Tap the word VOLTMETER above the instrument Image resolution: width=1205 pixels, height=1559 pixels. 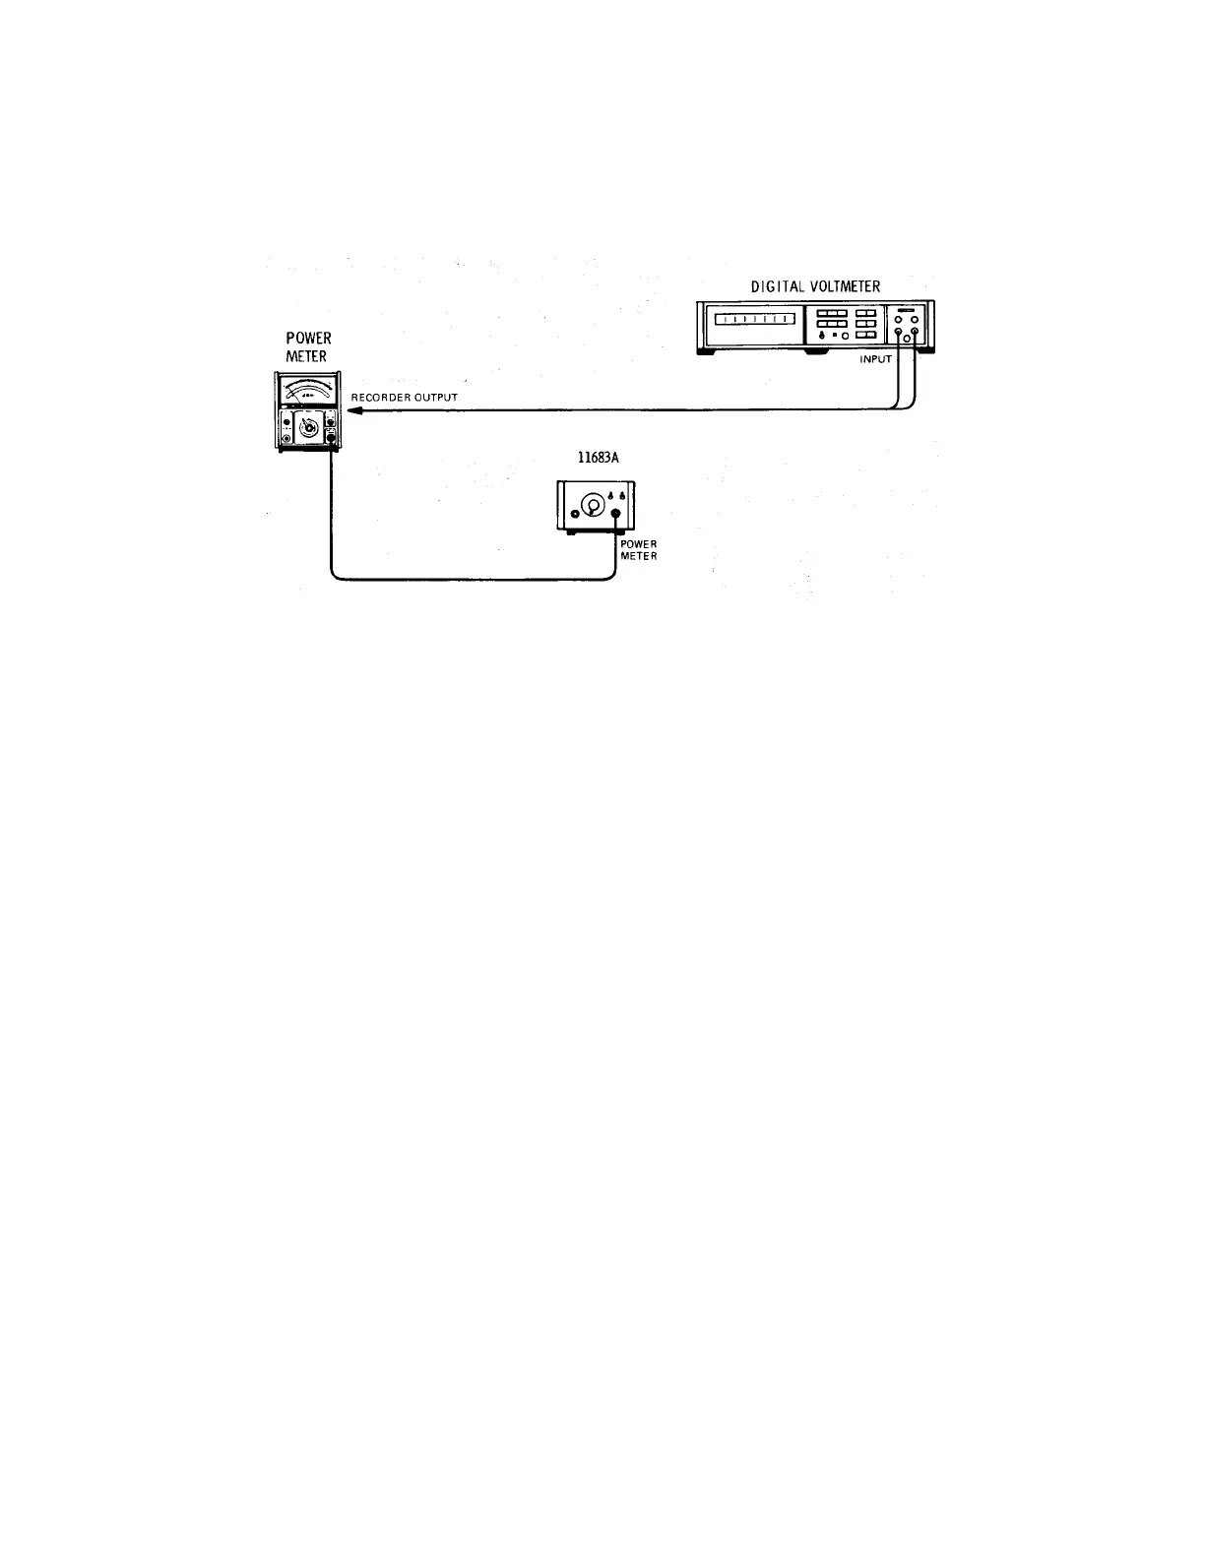847,286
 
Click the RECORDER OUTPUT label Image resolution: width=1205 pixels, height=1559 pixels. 405,398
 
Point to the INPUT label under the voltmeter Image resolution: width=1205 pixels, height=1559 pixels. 875,359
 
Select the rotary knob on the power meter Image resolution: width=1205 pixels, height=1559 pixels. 307,427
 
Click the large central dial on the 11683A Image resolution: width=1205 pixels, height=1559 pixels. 592,506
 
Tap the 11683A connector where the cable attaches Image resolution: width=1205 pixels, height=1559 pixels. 616,514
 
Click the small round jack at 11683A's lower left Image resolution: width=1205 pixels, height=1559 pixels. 574,514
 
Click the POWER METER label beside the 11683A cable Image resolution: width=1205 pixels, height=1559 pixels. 638,549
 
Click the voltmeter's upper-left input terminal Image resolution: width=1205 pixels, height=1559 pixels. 897,319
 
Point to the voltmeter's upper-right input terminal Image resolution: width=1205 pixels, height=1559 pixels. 916,319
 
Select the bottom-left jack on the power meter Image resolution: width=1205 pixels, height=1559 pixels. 286,438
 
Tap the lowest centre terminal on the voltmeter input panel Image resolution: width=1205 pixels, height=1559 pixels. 907,339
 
